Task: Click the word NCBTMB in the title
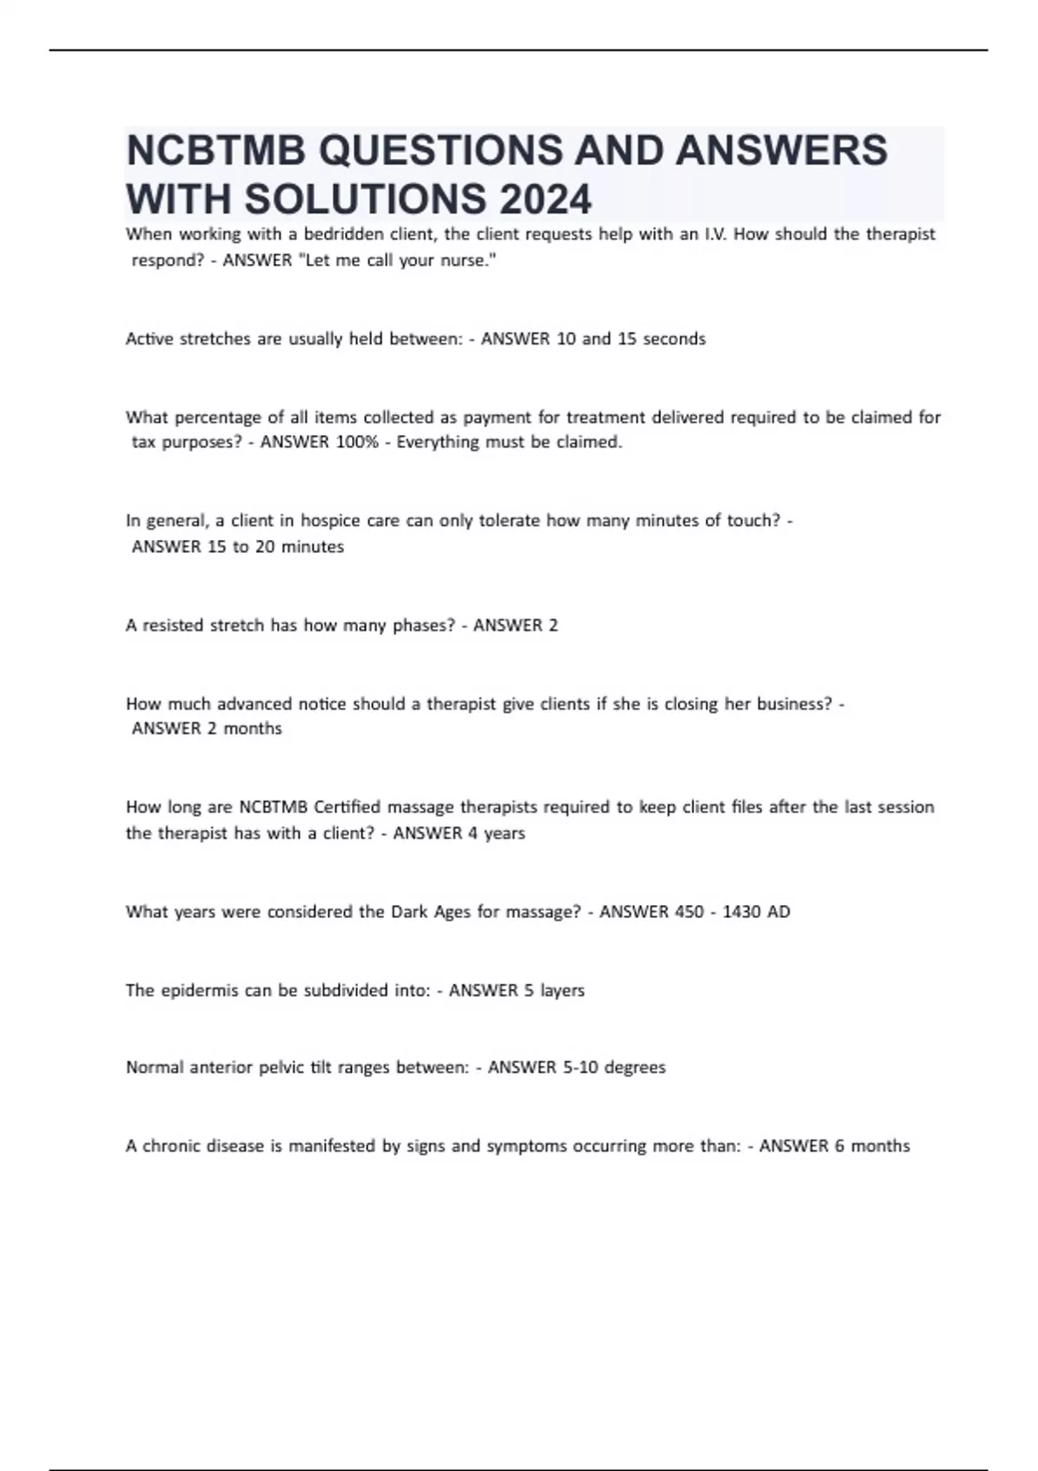(216, 150)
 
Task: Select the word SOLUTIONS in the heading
(367, 199)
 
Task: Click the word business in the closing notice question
(794, 703)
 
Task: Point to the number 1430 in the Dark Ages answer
(742, 911)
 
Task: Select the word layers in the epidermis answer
(562, 990)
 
